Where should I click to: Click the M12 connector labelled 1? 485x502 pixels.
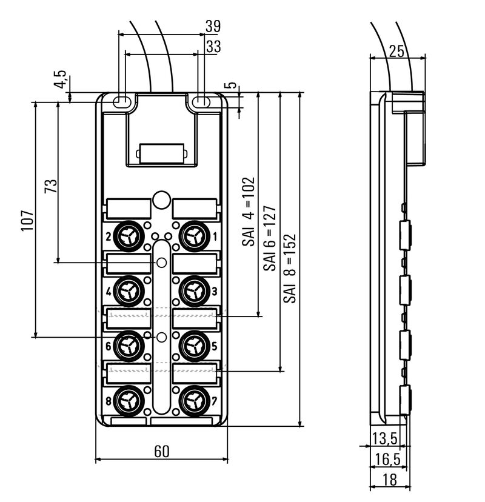pyautogui.click(x=194, y=234)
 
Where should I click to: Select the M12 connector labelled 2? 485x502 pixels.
pyautogui.click(x=129, y=234)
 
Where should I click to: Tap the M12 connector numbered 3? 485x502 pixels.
pyautogui.click(x=194, y=290)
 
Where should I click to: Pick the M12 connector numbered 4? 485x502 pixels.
pyautogui.click(x=129, y=290)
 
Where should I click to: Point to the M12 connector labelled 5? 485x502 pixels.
pyautogui.click(x=194, y=346)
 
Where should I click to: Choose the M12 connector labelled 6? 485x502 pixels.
pyautogui.click(x=129, y=346)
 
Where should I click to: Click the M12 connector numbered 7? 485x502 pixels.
pyautogui.click(x=194, y=400)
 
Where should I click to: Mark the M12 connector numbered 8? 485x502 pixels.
pyautogui.click(x=129, y=400)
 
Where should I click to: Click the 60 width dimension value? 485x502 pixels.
pyautogui.click(x=162, y=452)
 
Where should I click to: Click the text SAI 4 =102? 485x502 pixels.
pyautogui.click(x=249, y=212)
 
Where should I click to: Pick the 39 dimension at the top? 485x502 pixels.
pyautogui.click(x=212, y=27)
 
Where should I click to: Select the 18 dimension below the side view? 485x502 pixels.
pyautogui.click(x=390, y=480)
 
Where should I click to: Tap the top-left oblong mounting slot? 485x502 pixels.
pyautogui.click(x=123, y=101)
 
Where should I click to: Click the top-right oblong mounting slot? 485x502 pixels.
pyautogui.click(x=202, y=101)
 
